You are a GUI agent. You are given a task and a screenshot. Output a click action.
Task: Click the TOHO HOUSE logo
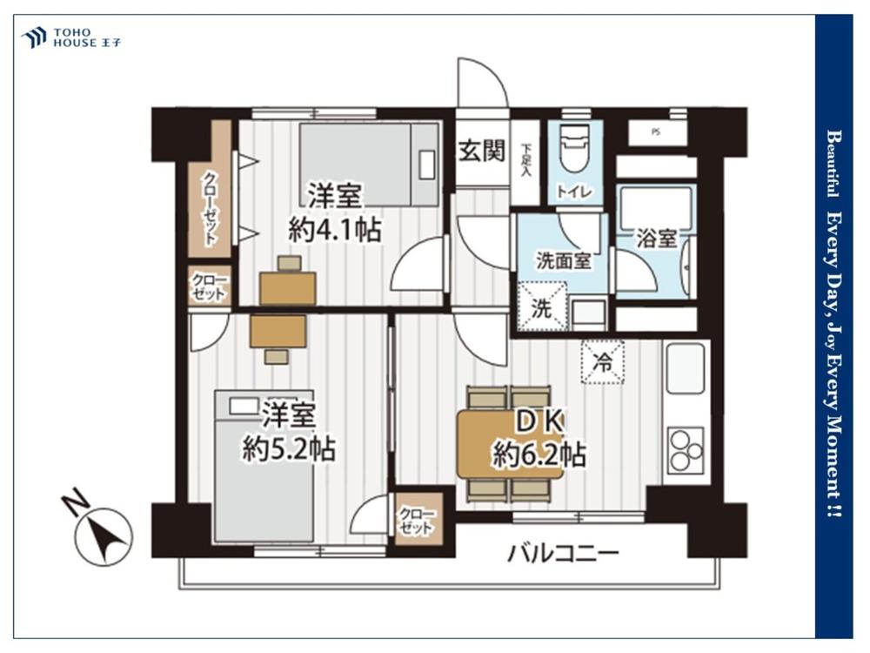71,37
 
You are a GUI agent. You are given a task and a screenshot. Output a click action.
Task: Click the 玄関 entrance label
482,151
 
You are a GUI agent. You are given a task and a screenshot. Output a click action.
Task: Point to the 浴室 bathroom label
656,239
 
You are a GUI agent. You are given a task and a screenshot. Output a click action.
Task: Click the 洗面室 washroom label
563,260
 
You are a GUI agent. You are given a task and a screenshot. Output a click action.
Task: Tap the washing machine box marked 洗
541,306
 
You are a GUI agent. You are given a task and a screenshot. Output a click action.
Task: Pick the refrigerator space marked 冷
602,362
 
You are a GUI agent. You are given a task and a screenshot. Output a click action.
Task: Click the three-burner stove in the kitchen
686,450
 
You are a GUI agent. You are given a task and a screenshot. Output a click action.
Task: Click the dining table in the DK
510,444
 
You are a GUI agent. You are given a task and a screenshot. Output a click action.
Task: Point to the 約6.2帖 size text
539,456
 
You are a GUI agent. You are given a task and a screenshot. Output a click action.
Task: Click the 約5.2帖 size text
289,448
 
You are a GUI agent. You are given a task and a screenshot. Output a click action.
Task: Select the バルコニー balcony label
563,554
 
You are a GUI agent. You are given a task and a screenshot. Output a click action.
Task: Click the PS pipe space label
656,132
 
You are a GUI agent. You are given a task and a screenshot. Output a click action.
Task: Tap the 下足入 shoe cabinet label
525,160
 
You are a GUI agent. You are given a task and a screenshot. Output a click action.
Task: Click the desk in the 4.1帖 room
287,287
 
